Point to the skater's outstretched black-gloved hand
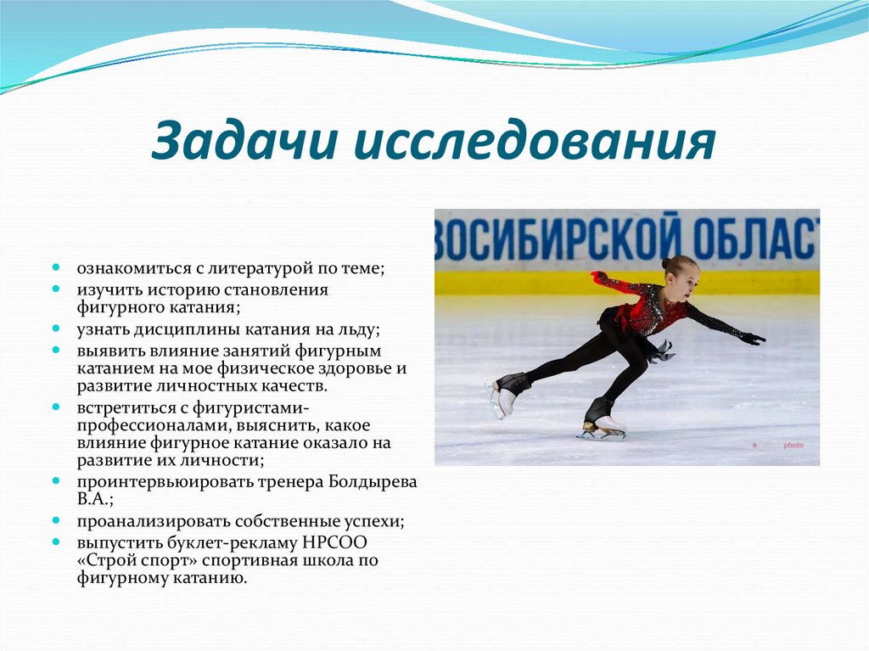[752, 338]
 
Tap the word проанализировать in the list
[142, 520]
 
